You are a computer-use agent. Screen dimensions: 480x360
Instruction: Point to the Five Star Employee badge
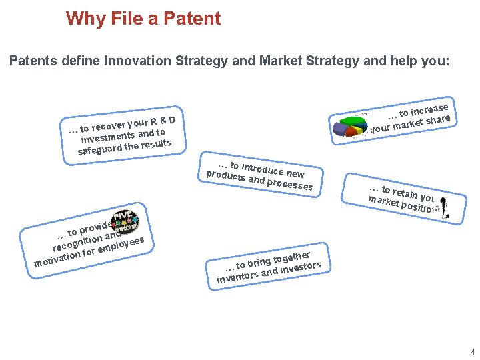click(124, 221)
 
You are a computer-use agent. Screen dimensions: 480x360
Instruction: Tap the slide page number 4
click(472, 351)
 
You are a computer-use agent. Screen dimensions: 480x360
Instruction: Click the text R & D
click(163, 121)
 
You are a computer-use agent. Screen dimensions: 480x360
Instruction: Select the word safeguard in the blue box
click(99, 149)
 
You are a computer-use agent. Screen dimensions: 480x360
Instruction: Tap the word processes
click(289, 183)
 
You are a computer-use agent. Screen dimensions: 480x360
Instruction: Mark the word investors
click(300, 269)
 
